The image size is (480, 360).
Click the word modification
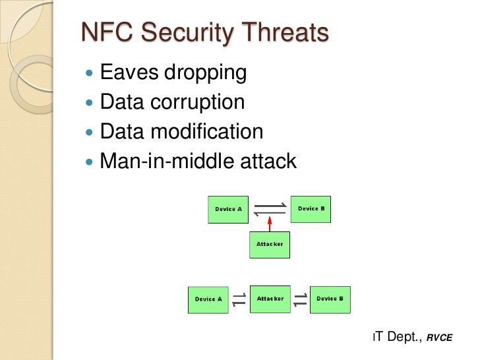pyautogui.click(x=206, y=131)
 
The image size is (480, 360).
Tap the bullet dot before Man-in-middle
pyautogui.click(x=90, y=162)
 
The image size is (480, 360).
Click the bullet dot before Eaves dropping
pyautogui.click(x=90, y=73)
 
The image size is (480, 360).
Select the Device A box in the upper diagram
pyautogui.click(x=228, y=209)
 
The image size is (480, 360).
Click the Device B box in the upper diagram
pyautogui.click(x=311, y=209)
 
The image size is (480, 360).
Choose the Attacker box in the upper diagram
pyautogui.click(x=270, y=245)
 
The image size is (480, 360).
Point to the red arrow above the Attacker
pyautogui.click(x=270, y=224)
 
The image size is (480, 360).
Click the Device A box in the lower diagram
pyautogui.click(x=208, y=299)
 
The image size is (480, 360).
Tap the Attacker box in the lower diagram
pyautogui.click(x=270, y=299)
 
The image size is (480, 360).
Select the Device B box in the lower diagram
pyautogui.click(x=330, y=299)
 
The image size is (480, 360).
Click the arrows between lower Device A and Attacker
pyautogui.click(x=239, y=299)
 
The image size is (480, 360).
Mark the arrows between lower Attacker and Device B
pyautogui.click(x=300, y=299)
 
